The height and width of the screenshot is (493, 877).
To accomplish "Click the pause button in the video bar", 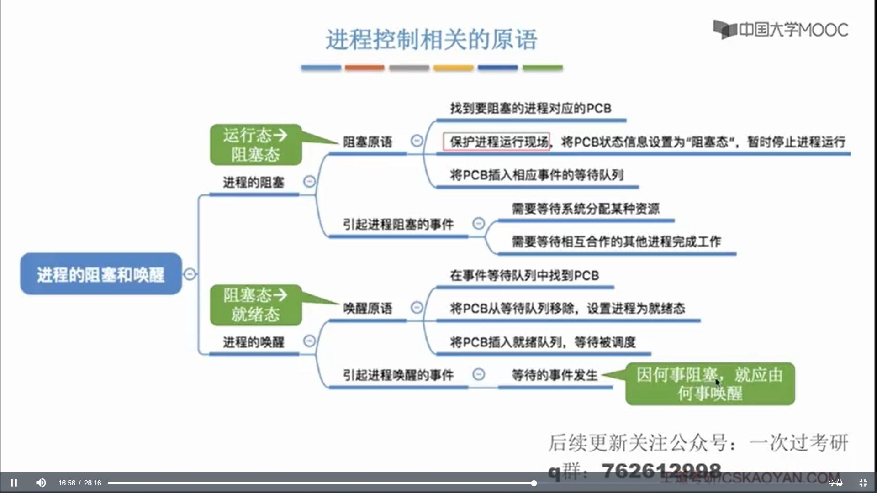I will click(14, 483).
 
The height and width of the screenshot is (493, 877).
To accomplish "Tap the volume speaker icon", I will click(41, 483).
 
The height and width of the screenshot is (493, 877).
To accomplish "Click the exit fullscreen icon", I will click(863, 483).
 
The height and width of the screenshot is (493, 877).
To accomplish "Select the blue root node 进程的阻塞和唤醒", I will click(101, 274).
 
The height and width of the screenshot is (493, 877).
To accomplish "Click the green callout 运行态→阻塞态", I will click(256, 145).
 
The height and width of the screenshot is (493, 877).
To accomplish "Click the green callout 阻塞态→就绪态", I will click(256, 305).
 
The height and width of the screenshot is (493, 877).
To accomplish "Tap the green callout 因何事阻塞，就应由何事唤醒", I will click(710, 384).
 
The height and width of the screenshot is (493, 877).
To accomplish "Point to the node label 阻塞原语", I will click(368, 142).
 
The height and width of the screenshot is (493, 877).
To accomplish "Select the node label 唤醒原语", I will click(368, 308).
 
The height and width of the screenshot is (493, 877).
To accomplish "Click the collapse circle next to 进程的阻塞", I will click(309, 182).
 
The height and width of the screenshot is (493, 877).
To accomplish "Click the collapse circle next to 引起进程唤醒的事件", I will click(478, 374).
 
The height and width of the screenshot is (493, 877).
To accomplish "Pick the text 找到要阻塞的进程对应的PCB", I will click(530, 109).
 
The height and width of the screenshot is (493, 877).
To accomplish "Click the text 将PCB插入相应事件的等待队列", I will click(537, 175).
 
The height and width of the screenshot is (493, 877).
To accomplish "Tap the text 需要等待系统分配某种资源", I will click(586, 209).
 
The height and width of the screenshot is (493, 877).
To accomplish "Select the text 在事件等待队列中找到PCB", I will click(524, 276).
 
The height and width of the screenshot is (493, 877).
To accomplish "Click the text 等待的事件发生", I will click(555, 375).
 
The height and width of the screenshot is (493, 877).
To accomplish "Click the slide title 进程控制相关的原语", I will click(431, 40).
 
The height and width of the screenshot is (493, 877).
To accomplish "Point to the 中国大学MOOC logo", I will click(781, 30).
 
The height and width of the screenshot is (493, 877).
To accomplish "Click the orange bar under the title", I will click(365, 68).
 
